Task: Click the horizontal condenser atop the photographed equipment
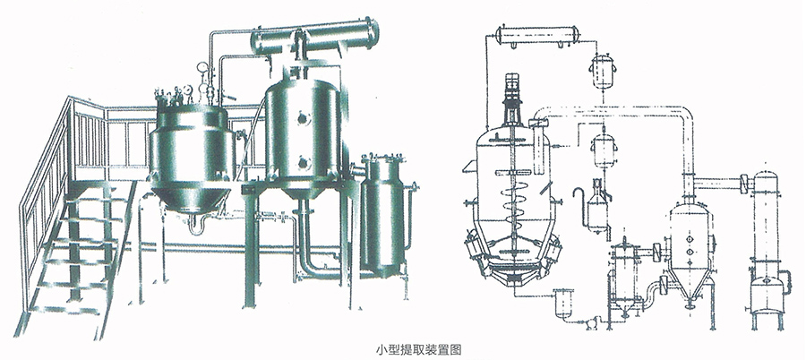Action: click(x=314, y=36)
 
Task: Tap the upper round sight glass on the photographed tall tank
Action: click(x=304, y=119)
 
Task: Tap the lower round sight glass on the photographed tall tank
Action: click(x=304, y=164)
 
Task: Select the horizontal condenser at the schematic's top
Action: click(x=537, y=35)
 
